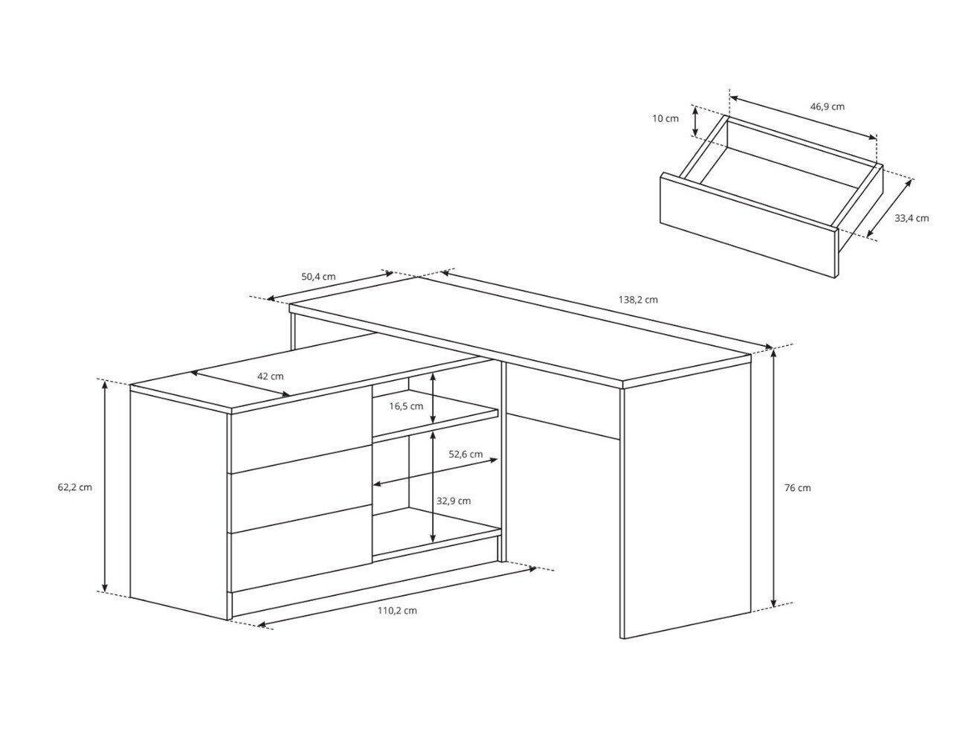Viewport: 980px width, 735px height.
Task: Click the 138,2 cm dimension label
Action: coord(638,300)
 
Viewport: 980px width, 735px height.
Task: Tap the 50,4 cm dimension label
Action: coord(318,277)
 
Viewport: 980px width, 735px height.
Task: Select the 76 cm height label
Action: coord(798,488)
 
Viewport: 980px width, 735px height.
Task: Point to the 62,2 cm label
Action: coord(74,487)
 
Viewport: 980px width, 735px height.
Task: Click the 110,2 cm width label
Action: coord(397,610)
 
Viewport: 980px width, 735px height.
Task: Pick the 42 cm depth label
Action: coord(271,376)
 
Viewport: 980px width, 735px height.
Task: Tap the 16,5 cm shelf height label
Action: coord(406,406)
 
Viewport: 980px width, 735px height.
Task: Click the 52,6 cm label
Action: coord(465,454)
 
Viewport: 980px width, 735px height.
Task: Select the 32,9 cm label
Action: coord(454,501)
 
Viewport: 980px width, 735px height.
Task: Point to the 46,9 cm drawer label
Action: coord(827,106)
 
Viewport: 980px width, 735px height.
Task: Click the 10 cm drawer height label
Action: coord(665,118)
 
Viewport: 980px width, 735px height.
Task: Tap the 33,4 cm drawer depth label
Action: coord(912,218)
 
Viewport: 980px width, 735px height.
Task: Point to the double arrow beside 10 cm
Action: coord(696,121)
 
